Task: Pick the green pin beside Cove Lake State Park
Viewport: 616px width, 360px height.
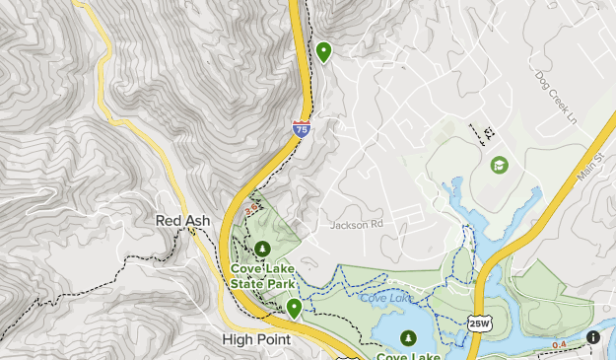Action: (294, 309)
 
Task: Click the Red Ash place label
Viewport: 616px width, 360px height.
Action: (182, 221)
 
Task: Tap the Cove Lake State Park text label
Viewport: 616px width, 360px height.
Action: (262, 275)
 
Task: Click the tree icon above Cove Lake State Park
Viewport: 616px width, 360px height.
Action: (262, 249)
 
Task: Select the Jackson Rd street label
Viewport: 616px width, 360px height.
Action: (356, 225)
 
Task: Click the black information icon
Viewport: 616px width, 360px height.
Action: (593, 336)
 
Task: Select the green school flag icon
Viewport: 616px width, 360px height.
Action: (499, 165)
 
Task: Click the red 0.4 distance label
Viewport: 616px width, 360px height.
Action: (560, 344)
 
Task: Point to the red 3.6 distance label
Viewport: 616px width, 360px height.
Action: (251, 208)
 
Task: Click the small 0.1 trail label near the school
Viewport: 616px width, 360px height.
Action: (487, 135)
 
